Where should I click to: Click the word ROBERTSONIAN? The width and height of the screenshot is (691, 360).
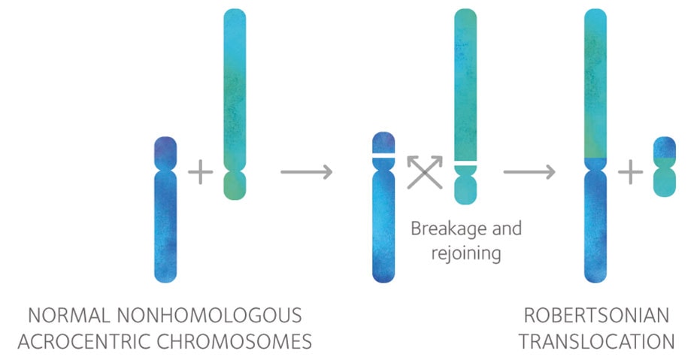pos(596,314)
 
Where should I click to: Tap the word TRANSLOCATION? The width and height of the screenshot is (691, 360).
pos(596,341)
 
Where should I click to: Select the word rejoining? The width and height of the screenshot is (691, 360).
pos(465,253)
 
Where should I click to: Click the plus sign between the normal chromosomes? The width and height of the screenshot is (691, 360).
pos(200,172)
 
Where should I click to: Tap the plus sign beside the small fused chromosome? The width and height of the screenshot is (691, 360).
pos(631,172)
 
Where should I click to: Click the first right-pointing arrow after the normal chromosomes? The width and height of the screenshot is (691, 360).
pos(306,172)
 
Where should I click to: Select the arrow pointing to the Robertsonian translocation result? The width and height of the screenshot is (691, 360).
pos(529,172)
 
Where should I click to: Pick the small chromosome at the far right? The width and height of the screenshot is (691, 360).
pos(664,167)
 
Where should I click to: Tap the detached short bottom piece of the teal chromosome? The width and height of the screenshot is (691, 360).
pos(465,184)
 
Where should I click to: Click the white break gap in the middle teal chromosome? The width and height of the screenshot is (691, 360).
pos(465,162)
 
